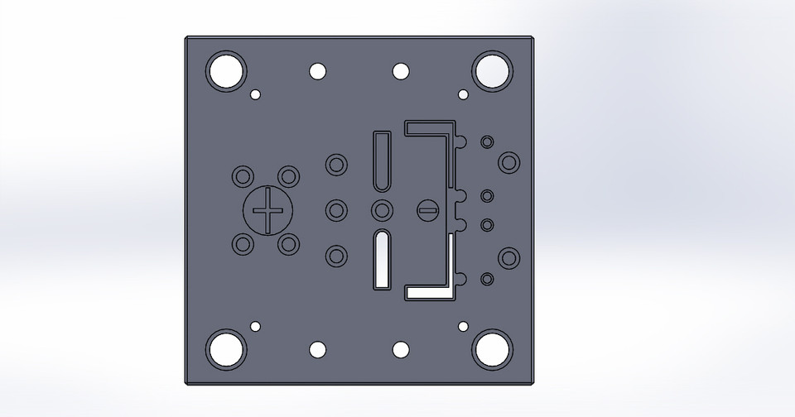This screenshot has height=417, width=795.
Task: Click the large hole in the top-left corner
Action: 227,71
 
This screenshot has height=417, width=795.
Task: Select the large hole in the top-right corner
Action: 492,71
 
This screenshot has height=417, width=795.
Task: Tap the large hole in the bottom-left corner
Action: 227,349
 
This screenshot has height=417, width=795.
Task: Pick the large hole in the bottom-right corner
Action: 492,349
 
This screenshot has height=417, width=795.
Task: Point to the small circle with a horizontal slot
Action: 426,210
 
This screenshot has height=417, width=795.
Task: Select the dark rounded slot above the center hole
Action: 382,161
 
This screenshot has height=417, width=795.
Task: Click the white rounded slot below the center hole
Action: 382,259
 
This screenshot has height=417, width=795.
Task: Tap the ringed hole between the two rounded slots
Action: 382,210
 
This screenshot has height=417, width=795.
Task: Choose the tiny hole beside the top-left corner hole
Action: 256,94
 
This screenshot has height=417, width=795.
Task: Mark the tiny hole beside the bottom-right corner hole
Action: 463,326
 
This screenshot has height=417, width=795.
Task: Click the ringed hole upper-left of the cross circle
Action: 243,176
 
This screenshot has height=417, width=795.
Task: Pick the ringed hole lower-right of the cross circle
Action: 288,245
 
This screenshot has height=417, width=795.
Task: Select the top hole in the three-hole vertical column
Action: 336,164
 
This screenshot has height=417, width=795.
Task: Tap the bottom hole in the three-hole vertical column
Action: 336,256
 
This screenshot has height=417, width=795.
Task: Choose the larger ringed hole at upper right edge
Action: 508,162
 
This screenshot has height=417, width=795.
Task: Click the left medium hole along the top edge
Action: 318,71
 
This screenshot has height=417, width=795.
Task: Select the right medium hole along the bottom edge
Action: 401,349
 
